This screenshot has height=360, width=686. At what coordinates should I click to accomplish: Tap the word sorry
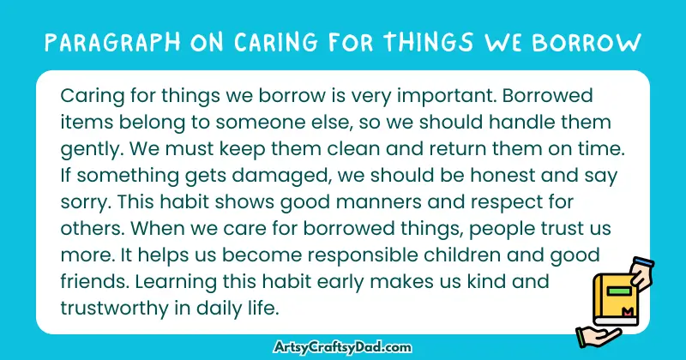click(83, 204)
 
